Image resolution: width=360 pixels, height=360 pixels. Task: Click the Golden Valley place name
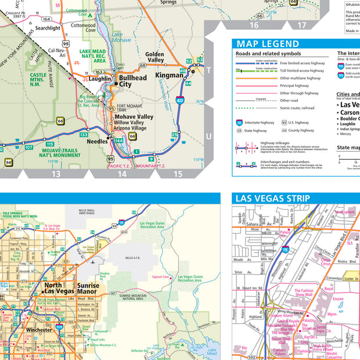click(x=155, y=56)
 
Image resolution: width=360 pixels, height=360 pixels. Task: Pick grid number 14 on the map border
click(x=122, y=174)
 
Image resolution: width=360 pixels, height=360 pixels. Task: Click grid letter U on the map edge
click(x=209, y=136)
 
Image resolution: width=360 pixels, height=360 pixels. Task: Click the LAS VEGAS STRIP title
click(x=272, y=199)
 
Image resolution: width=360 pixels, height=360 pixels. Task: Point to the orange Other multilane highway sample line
click(x=255, y=78)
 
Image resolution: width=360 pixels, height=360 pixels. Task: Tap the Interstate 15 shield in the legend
click(x=239, y=123)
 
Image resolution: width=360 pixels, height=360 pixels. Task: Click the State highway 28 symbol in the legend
click(x=239, y=131)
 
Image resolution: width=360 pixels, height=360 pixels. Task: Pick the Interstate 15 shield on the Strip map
click(x=285, y=250)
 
